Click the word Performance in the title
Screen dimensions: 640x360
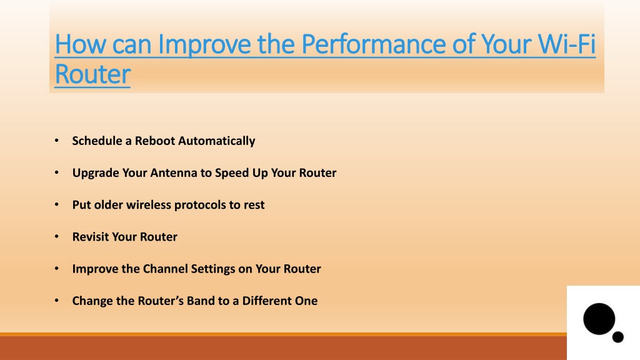[374, 44]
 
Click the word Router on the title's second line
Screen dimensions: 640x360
[92, 74]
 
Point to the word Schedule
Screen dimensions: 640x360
[97, 141]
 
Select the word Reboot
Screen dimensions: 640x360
[155, 141]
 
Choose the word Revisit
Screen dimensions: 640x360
[90, 237]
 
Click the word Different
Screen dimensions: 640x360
[266, 301]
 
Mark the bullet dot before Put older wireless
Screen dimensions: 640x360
[57, 204]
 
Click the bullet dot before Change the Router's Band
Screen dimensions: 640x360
[57, 301]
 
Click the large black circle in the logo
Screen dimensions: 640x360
[599, 319]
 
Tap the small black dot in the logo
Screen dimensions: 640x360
[617, 337]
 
